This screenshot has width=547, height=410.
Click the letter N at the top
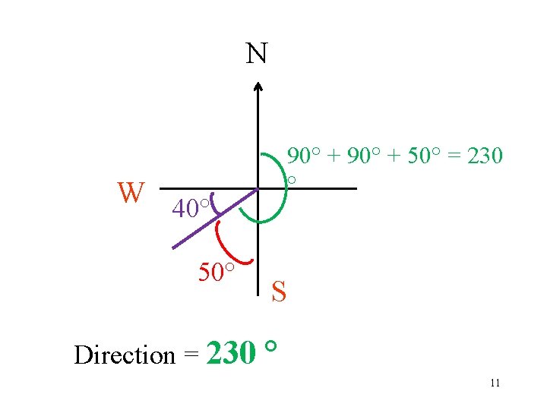tap(257, 54)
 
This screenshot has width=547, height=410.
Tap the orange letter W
tap(131, 193)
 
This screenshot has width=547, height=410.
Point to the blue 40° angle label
tap(190, 207)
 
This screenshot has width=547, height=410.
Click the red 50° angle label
tap(215, 271)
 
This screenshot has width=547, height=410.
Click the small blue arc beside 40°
tap(213, 202)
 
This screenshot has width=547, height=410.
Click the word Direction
tap(125, 355)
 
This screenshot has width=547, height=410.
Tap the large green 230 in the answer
tap(231, 352)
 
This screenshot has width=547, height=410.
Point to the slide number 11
tap(495, 383)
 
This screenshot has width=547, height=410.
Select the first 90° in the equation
tap(305, 156)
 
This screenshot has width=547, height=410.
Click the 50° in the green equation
tap(419, 156)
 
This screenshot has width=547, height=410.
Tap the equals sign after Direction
tap(191, 355)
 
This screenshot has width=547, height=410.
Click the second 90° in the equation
tap(364, 156)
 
